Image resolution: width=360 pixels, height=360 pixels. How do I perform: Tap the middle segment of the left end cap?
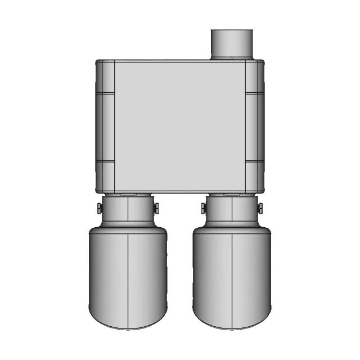[105, 127]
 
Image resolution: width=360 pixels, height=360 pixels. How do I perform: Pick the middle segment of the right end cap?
[255, 127]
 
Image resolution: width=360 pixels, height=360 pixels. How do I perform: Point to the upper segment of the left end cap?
[105, 77]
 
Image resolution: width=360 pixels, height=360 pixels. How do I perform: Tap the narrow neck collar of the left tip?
[128, 209]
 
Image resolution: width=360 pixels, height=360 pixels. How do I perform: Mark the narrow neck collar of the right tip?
[232, 209]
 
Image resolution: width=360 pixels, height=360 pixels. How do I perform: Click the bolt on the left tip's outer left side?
[98, 208]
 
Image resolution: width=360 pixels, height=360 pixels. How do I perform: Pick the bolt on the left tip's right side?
[156, 208]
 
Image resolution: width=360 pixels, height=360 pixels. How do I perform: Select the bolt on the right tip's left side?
[203, 208]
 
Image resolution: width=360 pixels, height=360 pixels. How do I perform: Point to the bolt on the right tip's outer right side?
[260, 208]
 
